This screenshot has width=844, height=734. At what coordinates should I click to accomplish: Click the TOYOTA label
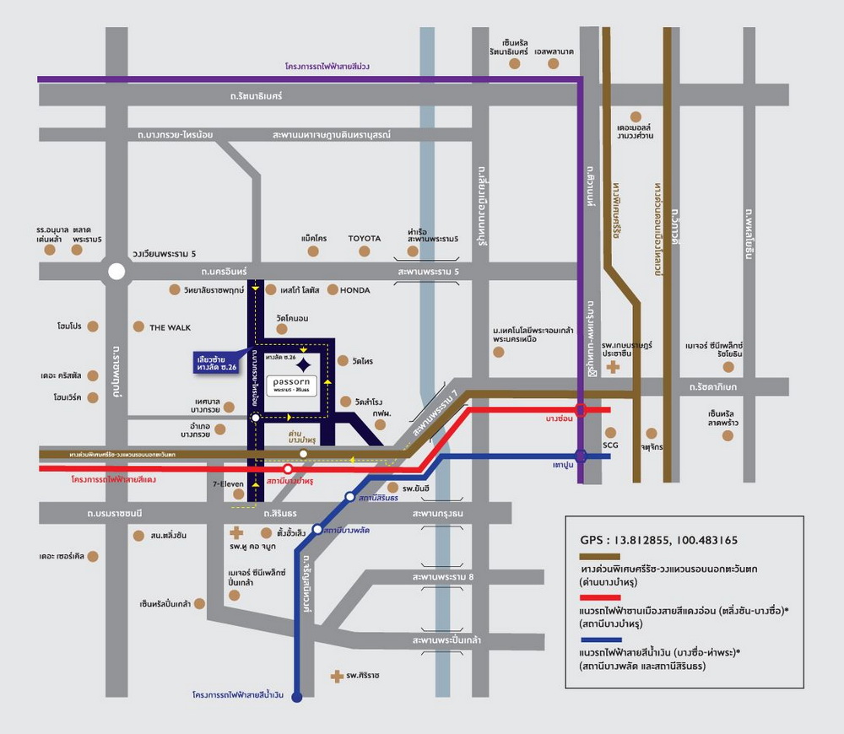point(365,239)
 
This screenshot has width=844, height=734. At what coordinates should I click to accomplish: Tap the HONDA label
point(355,290)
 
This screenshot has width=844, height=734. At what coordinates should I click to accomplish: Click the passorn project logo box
point(292,386)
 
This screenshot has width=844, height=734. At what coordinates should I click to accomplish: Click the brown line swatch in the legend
point(599,557)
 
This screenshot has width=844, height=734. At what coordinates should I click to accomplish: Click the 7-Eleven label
point(227,484)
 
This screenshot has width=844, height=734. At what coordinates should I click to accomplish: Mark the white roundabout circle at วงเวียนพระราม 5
point(116,272)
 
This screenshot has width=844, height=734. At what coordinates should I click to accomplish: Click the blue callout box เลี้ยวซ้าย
point(216,362)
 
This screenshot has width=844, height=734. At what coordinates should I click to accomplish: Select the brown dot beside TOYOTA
point(365,251)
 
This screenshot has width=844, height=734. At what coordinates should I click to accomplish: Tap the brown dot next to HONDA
point(333,289)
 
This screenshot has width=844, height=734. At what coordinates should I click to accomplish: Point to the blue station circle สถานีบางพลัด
point(317,530)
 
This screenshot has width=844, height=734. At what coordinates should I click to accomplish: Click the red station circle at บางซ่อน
point(581,411)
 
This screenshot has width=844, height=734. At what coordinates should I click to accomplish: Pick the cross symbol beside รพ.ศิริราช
point(337,676)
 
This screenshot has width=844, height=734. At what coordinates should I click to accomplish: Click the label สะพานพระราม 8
point(443,577)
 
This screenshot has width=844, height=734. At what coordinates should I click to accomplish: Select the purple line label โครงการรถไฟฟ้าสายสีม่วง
point(327,67)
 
